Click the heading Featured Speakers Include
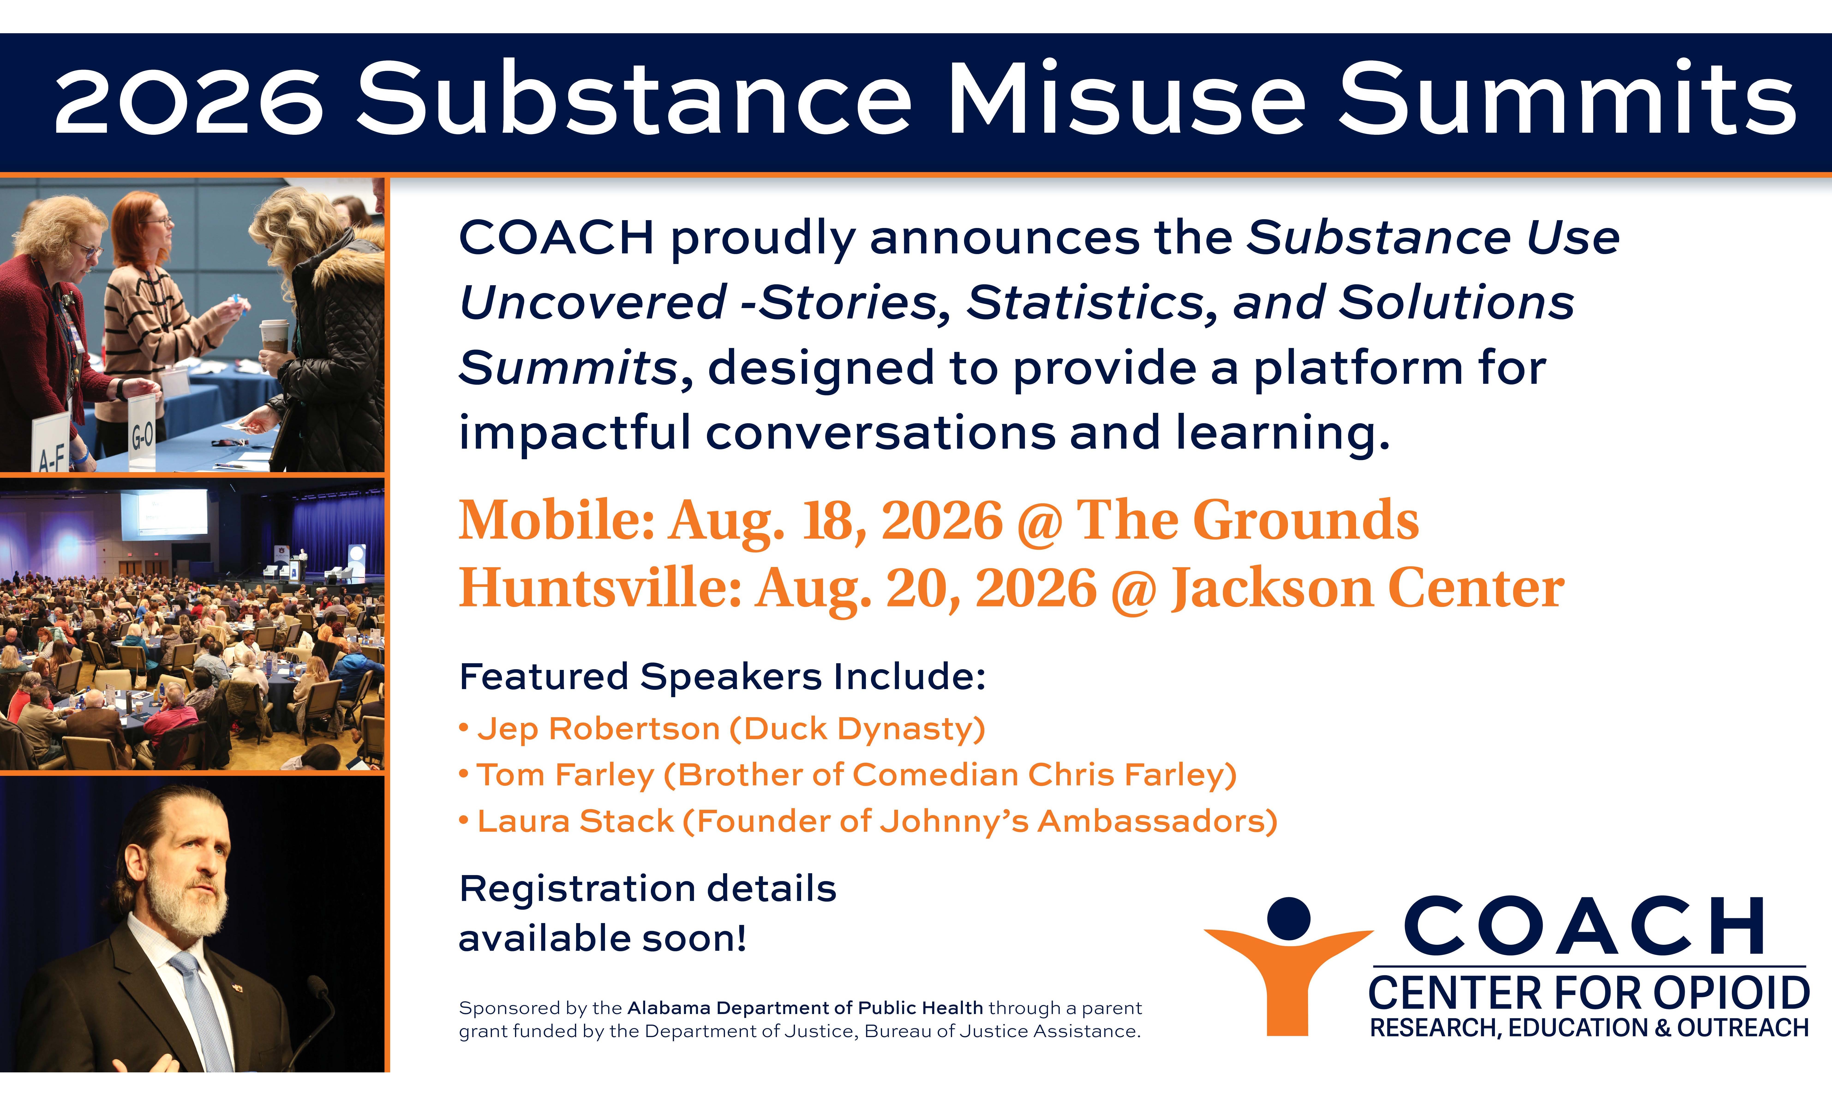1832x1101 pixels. [x=722, y=677]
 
